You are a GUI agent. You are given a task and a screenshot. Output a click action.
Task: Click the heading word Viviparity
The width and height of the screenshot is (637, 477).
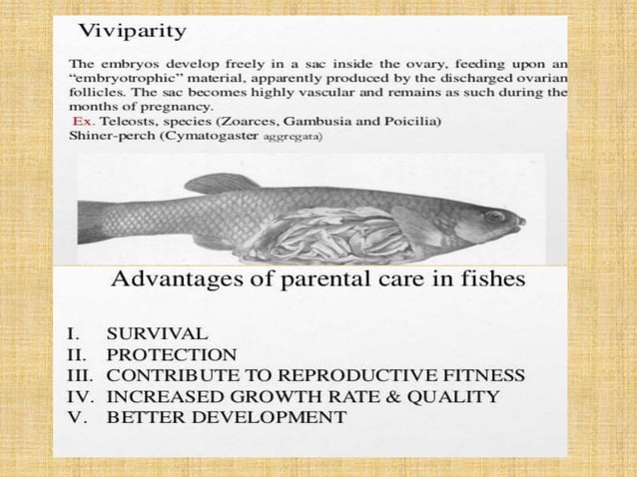click(x=133, y=31)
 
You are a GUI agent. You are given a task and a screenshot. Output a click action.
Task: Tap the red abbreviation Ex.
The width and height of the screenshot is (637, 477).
click(x=84, y=121)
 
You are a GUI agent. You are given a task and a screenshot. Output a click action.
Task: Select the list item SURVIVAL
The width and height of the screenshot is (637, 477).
click(x=158, y=333)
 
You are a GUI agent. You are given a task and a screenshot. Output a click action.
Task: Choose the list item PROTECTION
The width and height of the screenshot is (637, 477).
click(x=172, y=354)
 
